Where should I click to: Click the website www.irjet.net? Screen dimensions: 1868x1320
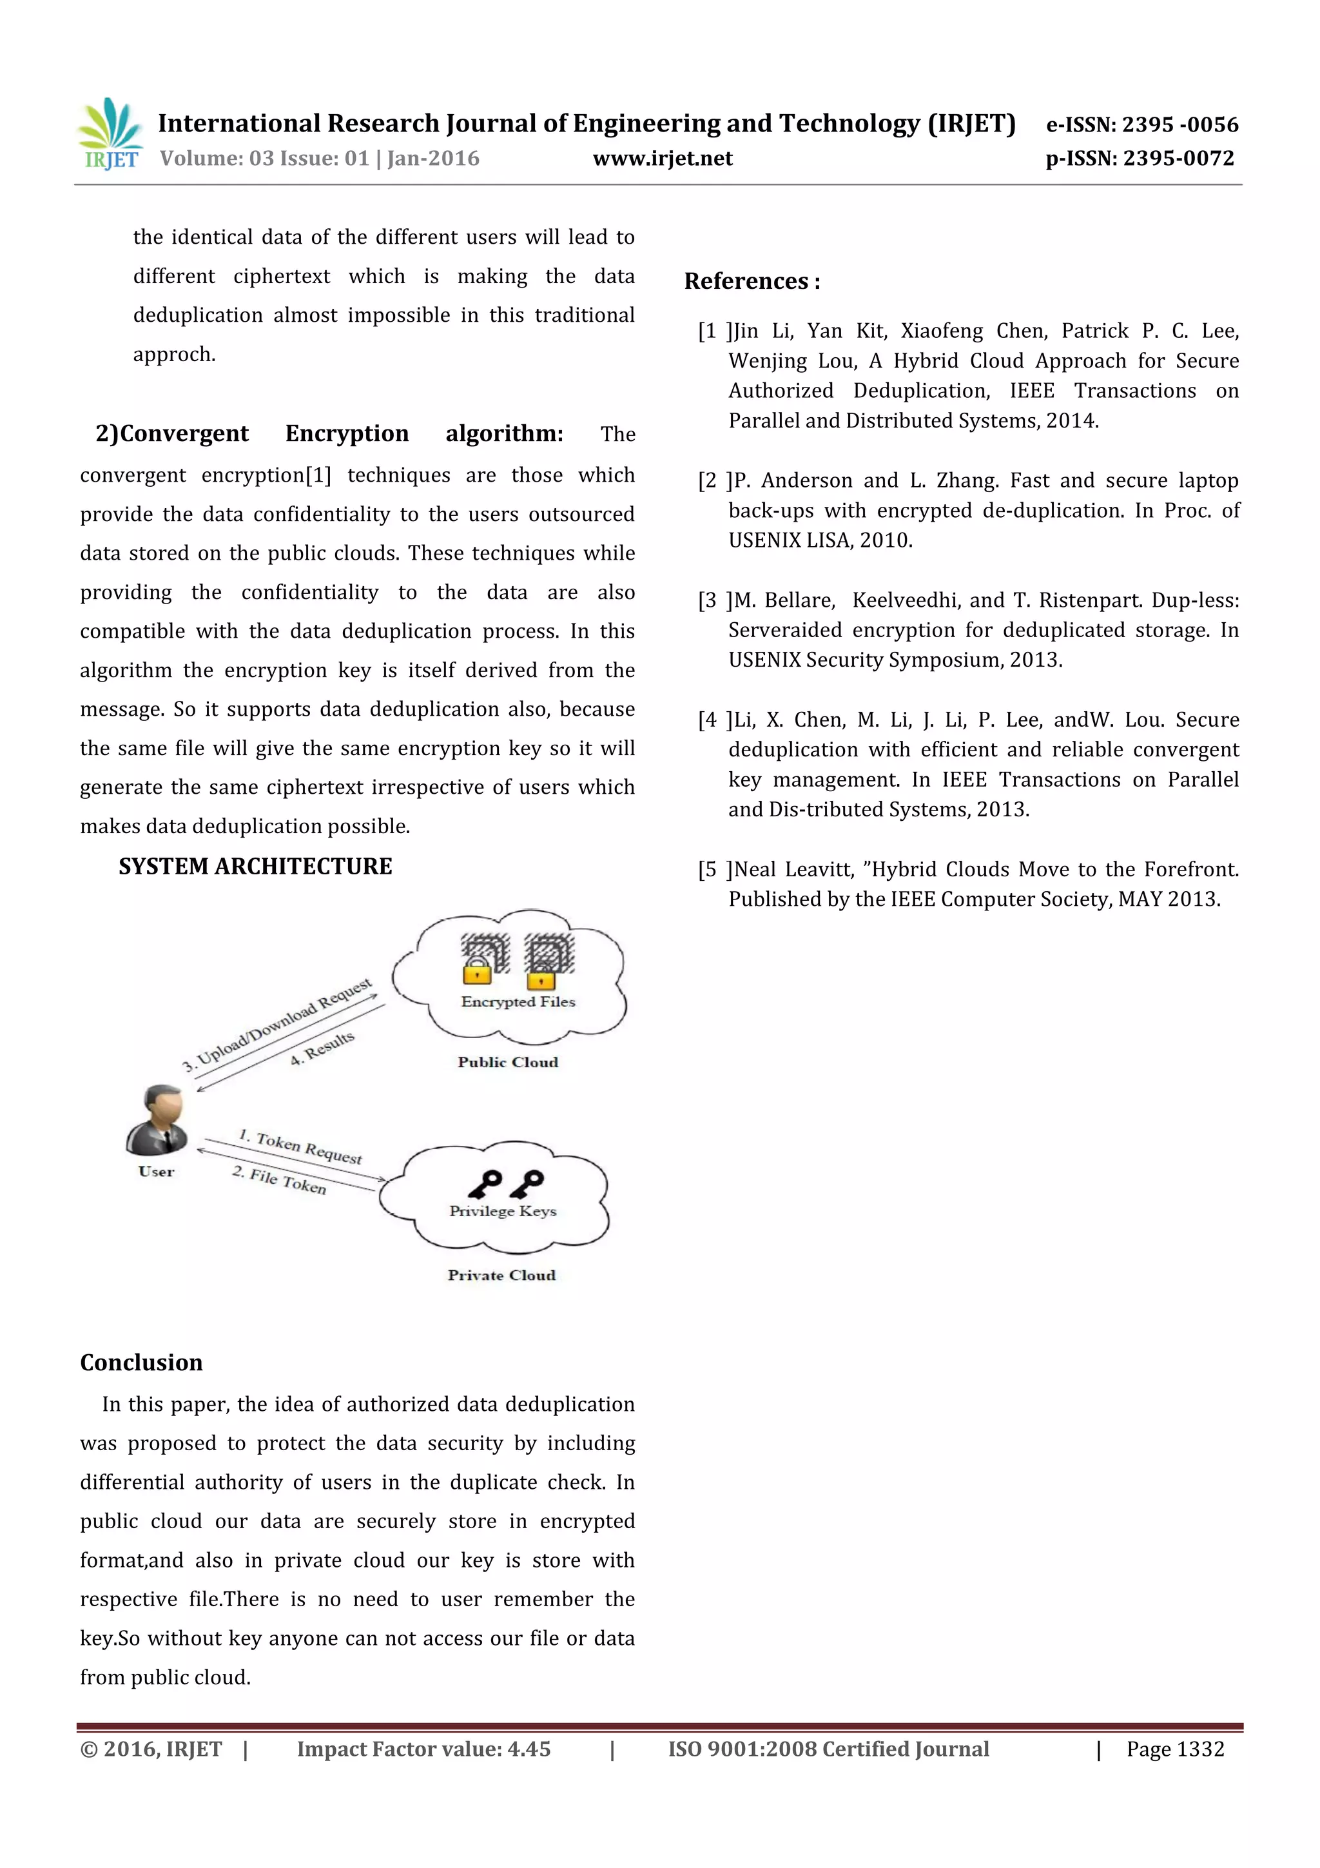(662, 158)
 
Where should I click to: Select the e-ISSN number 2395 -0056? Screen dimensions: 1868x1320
(1179, 124)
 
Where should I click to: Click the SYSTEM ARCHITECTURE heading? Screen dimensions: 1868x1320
(255, 866)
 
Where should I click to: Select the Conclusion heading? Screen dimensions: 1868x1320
(141, 1362)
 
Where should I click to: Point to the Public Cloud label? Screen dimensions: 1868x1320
(507, 1062)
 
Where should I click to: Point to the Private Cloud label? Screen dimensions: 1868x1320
(501, 1275)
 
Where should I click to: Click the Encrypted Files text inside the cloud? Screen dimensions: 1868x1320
(518, 1001)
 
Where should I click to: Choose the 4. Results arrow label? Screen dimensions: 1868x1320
(323, 1048)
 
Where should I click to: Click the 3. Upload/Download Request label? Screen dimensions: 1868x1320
(276, 1025)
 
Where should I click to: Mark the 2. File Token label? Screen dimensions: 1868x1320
(279, 1180)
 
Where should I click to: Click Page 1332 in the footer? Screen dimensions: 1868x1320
(1174, 1749)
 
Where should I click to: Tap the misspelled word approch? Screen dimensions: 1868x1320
(174, 355)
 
